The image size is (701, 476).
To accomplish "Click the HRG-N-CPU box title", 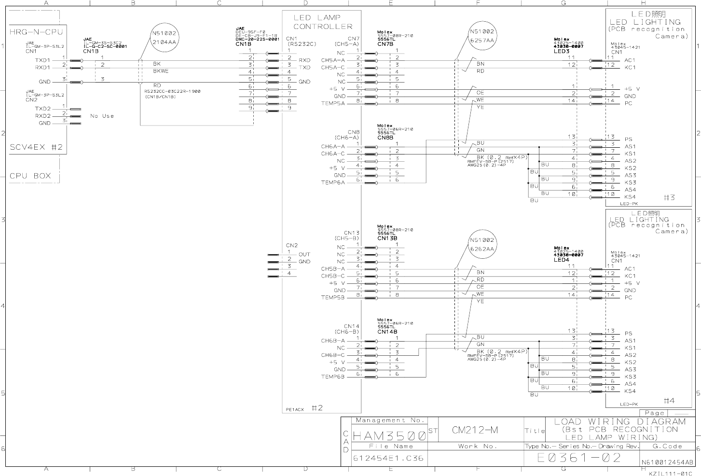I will tap(36, 32).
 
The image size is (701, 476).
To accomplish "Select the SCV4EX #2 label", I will tap(36, 147).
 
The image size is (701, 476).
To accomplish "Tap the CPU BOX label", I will tap(30, 176).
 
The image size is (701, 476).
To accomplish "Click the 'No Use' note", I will tap(102, 116).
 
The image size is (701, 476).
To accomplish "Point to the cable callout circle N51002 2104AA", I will tap(164, 38).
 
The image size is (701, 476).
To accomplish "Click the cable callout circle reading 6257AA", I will tap(482, 36).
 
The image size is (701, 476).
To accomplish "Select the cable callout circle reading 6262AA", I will tap(482, 244).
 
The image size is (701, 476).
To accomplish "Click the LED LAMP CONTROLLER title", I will tap(323, 22).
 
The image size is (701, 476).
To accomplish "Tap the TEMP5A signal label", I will tap(333, 103).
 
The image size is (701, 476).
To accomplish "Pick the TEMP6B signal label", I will tap(333, 377).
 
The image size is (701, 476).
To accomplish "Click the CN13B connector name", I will tap(387, 238).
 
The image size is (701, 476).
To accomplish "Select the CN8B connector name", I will tap(385, 138).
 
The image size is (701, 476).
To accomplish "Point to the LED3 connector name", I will tap(562, 51).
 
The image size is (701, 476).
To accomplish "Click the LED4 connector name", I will tap(562, 260).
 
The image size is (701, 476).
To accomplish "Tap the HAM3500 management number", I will tap(389, 436).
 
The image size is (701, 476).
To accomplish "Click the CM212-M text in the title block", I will tap(475, 430).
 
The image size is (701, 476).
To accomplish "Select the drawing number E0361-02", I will tap(579, 458).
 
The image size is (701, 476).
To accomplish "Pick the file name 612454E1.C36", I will tap(388, 458).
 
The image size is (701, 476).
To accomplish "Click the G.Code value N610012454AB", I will tap(667, 462).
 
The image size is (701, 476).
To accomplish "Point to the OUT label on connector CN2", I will tap(304, 254).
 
